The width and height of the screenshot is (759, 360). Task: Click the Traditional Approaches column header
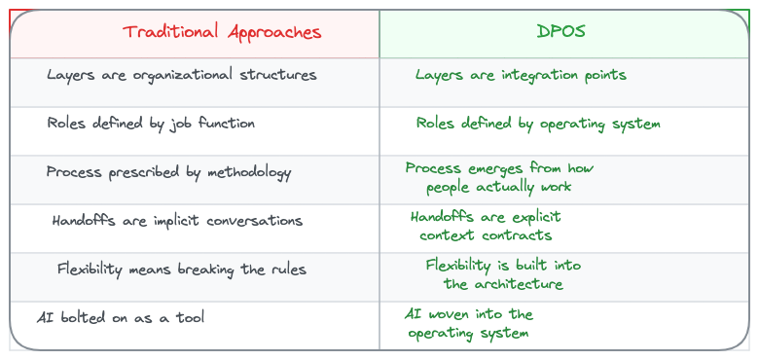(x=222, y=32)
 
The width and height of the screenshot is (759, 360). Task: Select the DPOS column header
(x=560, y=32)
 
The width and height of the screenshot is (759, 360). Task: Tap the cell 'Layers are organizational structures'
(x=182, y=75)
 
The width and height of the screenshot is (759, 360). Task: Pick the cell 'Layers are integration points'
(x=521, y=75)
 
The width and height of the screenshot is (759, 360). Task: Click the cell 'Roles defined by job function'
(x=151, y=124)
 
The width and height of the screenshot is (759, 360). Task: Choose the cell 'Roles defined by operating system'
(x=538, y=124)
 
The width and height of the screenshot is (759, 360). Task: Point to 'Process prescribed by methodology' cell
(x=168, y=172)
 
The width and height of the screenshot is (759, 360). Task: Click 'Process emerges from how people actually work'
(x=499, y=177)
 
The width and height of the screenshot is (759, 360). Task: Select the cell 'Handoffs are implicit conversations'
(x=177, y=221)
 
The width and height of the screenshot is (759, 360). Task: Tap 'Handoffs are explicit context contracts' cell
(x=486, y=226)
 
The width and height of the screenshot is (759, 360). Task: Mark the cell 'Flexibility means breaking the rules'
(x=181, y=270)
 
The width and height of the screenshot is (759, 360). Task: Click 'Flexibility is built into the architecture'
(x=503, y=274)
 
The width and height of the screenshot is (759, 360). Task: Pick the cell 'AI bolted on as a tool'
(x=121, y=318)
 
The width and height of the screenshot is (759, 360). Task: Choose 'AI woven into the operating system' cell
(x=469, y=324)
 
